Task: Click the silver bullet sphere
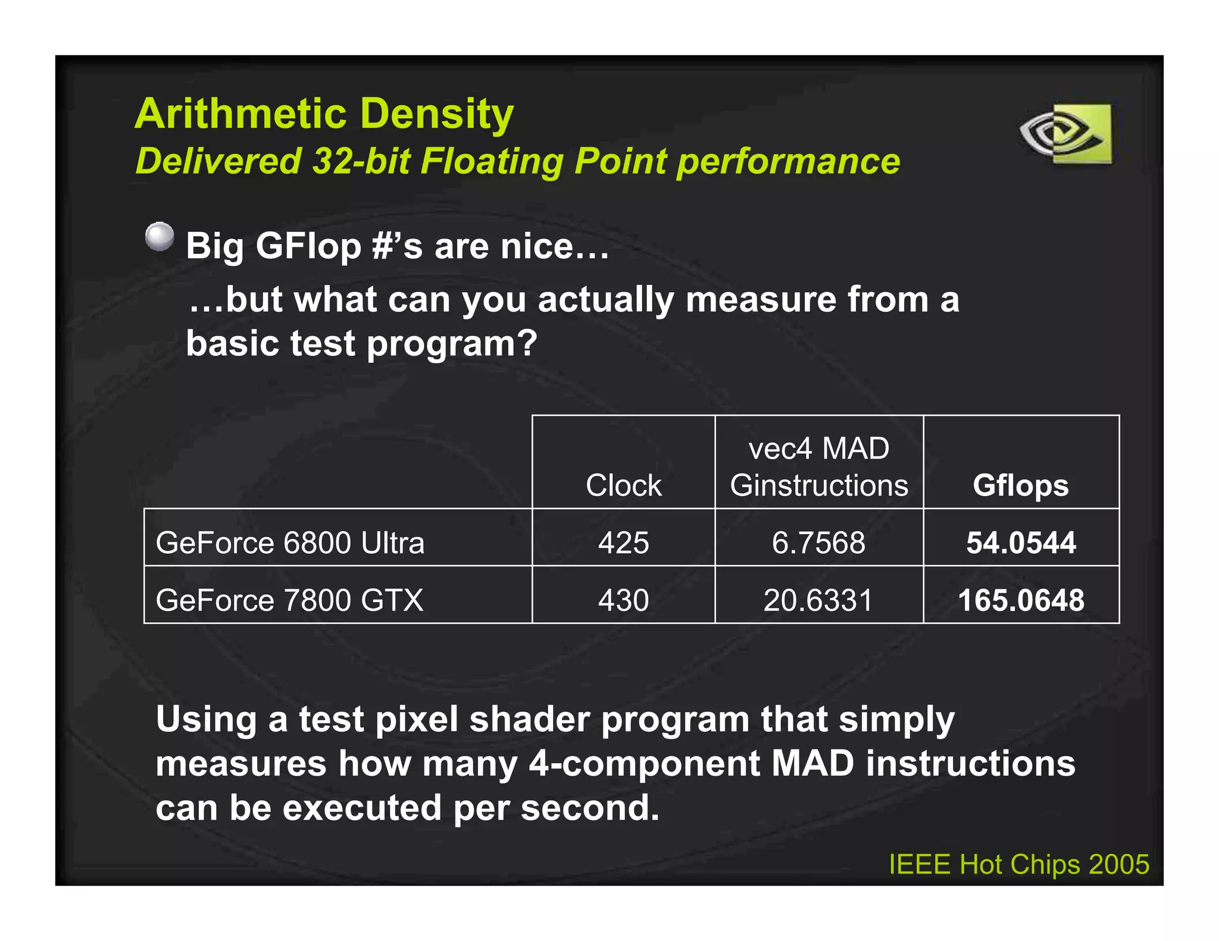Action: pos(160,237)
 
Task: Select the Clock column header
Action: pos(623,485)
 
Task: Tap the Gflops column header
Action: pos(1020,485)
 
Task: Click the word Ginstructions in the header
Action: pos(819,485)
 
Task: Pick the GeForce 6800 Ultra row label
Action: pos(290,542)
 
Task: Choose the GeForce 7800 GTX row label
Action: pos(289,600)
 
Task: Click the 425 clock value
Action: pos(623,542)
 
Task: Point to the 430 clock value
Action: pos(623,600)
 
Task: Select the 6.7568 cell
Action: pos(818,542)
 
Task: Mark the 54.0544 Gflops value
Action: pos(1021,542)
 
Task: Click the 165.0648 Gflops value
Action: pos(1021,600)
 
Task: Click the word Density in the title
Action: pos(437,114)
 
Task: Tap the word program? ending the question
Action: pos(452,344)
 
